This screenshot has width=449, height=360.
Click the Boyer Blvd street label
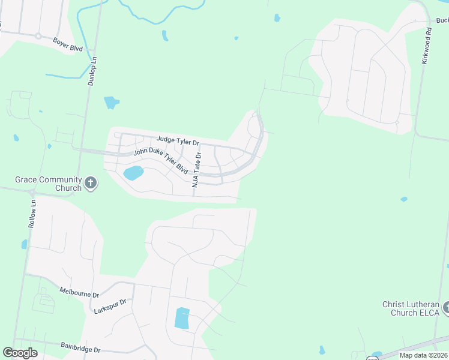tap(67, 44)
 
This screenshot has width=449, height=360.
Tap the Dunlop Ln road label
tap(92, 71)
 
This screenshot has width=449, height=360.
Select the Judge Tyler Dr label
tap(178, 141)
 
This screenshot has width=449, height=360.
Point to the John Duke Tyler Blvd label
tap(160, 161)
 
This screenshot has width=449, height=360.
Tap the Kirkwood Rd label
tap(426, 46)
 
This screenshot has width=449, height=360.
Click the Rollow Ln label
tap(32, 214)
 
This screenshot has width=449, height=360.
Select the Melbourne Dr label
tap(78, 293)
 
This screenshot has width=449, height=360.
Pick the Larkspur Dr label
tap(111, 307)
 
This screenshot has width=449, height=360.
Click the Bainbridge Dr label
tap(80, 347)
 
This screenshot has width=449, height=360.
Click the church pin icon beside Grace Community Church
tap(91, 183)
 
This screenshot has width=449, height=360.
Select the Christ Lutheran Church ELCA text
tap(411, 308)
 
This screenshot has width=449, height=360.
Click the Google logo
tap(20, 353)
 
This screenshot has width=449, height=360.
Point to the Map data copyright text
tap(424, 355)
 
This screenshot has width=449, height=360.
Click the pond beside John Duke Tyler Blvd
tap(133, 173)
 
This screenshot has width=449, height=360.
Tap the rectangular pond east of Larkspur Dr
tap(182, 317)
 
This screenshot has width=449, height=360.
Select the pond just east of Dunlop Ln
tap(111, 103)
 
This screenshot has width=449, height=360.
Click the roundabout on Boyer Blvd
tap(38, 36)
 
